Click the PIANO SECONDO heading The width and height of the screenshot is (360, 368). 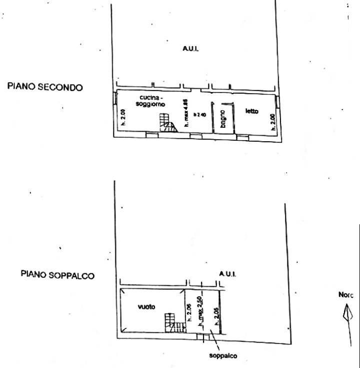click(44, 87)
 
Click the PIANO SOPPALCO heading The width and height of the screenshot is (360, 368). click(57, 275)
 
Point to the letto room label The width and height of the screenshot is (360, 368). click(251, 111)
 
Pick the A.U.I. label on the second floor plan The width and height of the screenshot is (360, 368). click(190, 49)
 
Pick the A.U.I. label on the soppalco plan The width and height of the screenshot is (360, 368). click(227, 274)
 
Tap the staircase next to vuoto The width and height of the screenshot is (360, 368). click(174, 324)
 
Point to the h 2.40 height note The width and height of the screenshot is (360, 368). click(200, 115)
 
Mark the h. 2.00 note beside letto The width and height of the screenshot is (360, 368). click(273, 121)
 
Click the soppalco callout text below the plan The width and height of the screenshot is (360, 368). click(223, 356)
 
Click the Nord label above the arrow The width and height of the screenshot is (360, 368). click(346, 295)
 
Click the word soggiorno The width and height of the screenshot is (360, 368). click(150, 103)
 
